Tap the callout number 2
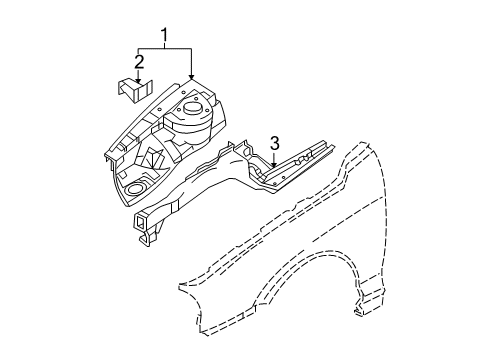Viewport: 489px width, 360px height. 139,62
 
